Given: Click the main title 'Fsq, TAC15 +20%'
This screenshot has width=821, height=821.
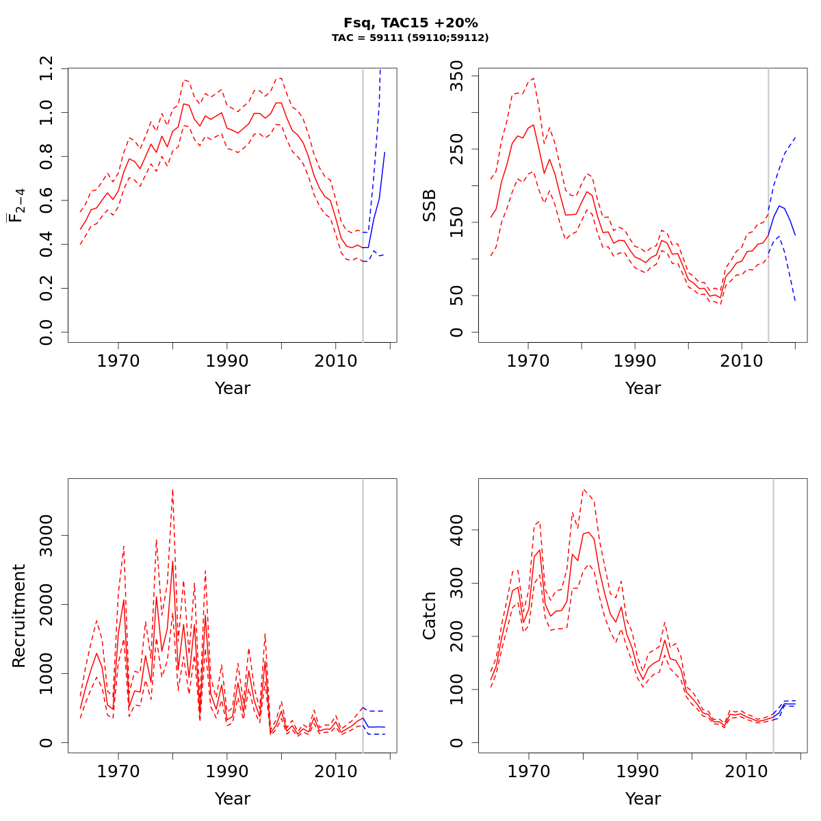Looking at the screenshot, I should tap(410, 23).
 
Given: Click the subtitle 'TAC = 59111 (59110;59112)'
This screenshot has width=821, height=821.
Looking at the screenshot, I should tap(410, 38).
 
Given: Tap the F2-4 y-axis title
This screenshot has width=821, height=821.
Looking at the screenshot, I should tap(15, 205).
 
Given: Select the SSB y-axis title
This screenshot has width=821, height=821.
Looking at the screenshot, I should tap(429, 205).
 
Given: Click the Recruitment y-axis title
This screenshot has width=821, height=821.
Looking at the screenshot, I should tap(18, 616).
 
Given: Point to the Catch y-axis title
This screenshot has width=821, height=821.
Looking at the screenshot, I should tap(429, 616).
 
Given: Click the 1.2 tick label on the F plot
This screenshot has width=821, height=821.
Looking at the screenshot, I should tap(47, 68).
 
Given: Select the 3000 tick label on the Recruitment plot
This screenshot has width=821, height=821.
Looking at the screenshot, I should tap(47, 535).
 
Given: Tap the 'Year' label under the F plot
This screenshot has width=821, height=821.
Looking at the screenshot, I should tap(233, 389).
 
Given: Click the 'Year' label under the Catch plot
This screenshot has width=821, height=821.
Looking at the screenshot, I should tap(643, 799).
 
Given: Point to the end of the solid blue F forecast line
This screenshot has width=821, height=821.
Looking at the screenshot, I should tap(385, 153).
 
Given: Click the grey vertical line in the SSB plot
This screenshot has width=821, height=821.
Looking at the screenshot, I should tap(768, 205).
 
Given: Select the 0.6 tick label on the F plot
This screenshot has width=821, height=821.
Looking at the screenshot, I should tap(47, 200).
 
